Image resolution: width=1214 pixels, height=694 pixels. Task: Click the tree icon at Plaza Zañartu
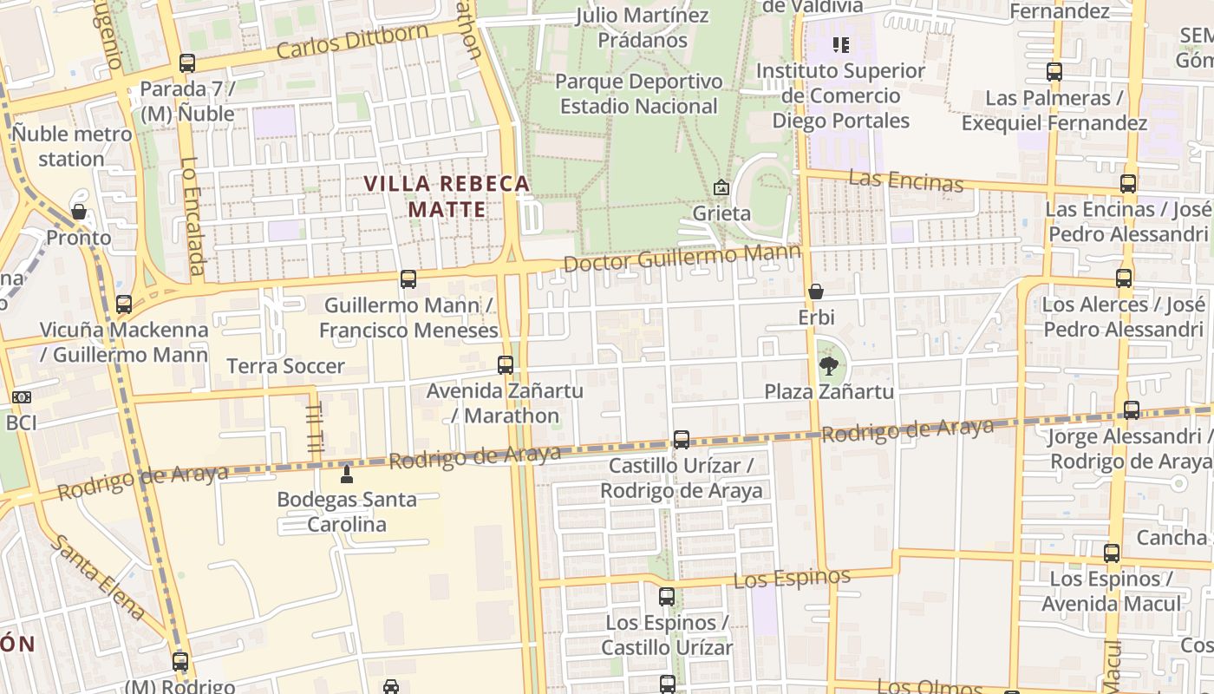coord(829,365)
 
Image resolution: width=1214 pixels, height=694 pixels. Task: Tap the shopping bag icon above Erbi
coord(815,291)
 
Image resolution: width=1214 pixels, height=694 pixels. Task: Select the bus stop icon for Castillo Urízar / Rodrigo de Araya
coord(682,440)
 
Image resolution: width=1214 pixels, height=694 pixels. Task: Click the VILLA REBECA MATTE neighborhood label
coord(447,197)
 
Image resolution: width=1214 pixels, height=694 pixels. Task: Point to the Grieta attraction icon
coord(721,187)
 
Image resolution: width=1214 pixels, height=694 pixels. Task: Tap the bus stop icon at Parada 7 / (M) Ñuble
coord(187,63)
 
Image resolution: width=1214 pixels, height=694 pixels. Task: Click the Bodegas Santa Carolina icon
coord(347,474)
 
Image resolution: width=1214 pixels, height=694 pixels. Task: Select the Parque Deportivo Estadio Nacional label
coord(638,94)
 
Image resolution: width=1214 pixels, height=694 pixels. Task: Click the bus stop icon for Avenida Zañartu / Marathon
coord(506,365)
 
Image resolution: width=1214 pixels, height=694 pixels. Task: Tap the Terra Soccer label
coord(285,366)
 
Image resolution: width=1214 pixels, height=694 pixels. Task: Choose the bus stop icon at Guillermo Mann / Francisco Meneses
coord(408,279)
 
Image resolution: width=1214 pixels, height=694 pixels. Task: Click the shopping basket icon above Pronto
coord(79,212)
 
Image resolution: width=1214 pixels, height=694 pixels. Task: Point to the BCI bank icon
coord(22,397)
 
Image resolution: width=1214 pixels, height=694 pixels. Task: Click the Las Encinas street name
coord(905,180)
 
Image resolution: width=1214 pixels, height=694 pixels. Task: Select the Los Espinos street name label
coord(792,578)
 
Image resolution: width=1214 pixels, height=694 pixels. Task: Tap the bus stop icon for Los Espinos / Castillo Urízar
coord(666,597)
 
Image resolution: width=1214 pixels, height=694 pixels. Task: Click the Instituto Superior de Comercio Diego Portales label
coord(840,95)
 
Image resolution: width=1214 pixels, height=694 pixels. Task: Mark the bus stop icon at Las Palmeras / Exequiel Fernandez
coord(1054,72)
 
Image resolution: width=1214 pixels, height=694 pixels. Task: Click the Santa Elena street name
coord(96,577)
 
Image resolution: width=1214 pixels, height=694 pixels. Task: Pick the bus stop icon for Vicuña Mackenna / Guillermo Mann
coord(124,304)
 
